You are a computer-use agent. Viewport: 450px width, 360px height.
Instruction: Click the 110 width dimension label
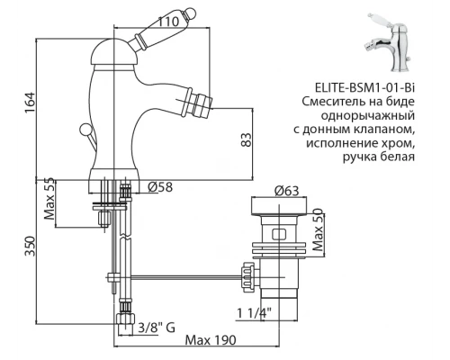click(x=169, y=22)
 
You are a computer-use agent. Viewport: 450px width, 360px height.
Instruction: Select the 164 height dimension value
click(x=30, y=103)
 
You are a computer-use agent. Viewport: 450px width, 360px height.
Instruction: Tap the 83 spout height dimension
click(x=247, y=139)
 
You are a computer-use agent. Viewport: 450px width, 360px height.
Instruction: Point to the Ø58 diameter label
click(x=160, y=187)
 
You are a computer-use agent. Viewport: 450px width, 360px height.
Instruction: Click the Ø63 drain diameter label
click(x=287, y=191)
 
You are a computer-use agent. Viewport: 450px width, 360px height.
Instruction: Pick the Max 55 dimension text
click(x=49, y=199)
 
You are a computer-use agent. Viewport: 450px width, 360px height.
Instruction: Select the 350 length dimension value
click(x=30, y=246)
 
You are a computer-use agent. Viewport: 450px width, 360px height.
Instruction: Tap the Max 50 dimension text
click(x=319, y=230)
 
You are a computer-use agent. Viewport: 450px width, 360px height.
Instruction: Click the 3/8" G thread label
click(x=157, y=328)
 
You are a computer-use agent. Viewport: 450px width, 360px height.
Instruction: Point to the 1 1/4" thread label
click(x=255, y=314)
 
